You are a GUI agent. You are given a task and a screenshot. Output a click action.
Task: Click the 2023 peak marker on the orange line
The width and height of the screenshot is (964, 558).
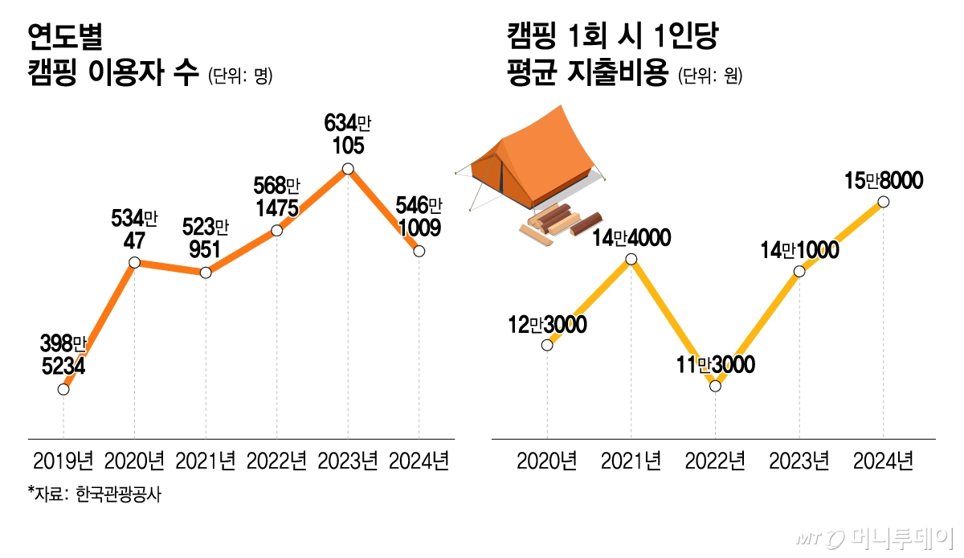pos(348,169)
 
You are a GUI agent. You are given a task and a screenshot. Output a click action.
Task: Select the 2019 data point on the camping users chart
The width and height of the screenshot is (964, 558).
pos(63,390)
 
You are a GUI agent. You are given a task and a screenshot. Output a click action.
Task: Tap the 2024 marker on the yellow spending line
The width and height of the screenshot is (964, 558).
pos(884,202)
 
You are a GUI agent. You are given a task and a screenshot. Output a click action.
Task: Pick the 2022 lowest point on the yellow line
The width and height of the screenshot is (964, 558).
pos(716,386)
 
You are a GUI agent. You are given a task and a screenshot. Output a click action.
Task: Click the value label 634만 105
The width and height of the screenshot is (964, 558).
pos(346,134)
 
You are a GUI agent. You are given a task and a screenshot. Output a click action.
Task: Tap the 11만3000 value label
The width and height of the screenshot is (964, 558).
pos(715,366)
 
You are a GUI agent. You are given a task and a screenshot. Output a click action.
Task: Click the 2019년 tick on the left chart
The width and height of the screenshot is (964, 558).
pos(63,462)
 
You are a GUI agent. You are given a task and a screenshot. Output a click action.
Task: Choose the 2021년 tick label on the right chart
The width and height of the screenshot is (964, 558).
pos(631,462)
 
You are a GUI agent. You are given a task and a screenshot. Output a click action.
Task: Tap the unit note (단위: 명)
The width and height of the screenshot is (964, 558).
pos(240,77)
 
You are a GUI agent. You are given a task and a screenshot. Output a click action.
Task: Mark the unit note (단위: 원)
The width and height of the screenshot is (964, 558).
pos(710,77)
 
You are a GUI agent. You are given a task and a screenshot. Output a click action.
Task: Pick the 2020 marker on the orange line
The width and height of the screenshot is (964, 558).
pos(134,263)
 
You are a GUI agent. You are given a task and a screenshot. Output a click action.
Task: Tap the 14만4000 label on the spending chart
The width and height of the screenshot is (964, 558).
pos(631,238)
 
